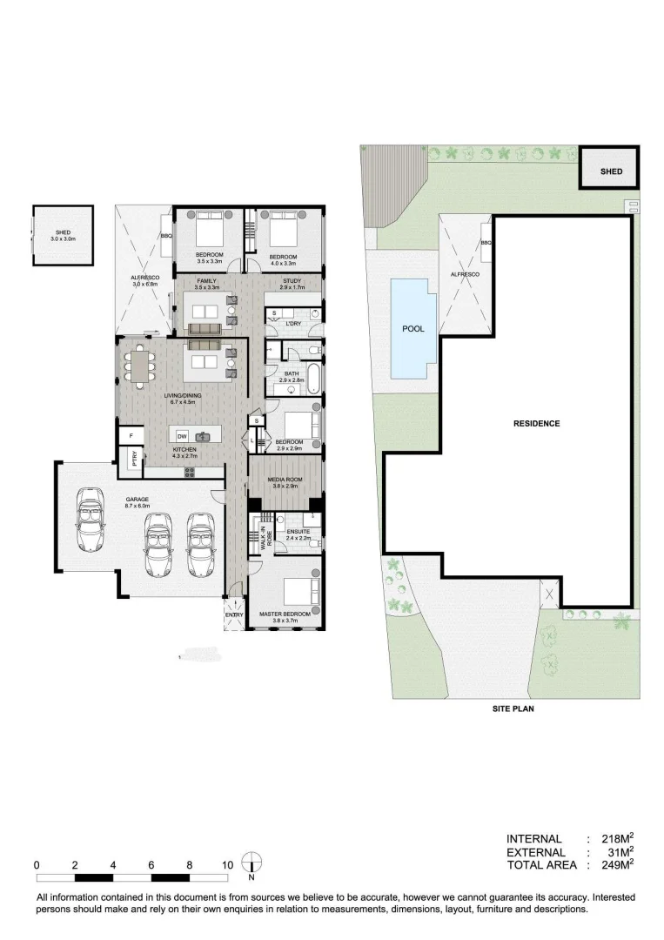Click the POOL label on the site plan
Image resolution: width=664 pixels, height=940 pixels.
click(x=412, y=330)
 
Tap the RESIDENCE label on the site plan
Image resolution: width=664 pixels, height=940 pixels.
click(x=536, y=424)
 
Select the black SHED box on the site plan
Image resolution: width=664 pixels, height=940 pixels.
click(x=611, y=171)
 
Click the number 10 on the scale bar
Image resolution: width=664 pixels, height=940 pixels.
click(x=227, y=865)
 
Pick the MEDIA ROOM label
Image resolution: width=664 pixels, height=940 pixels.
click(x=285, y=481)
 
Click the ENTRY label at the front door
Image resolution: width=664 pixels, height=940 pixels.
click(x=234, y=614)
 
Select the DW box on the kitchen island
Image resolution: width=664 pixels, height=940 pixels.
click(x=182, y=436)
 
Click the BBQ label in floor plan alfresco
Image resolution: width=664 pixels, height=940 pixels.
click(x=165, y=237)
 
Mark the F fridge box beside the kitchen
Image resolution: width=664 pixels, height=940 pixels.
click(x=131, y=435)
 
